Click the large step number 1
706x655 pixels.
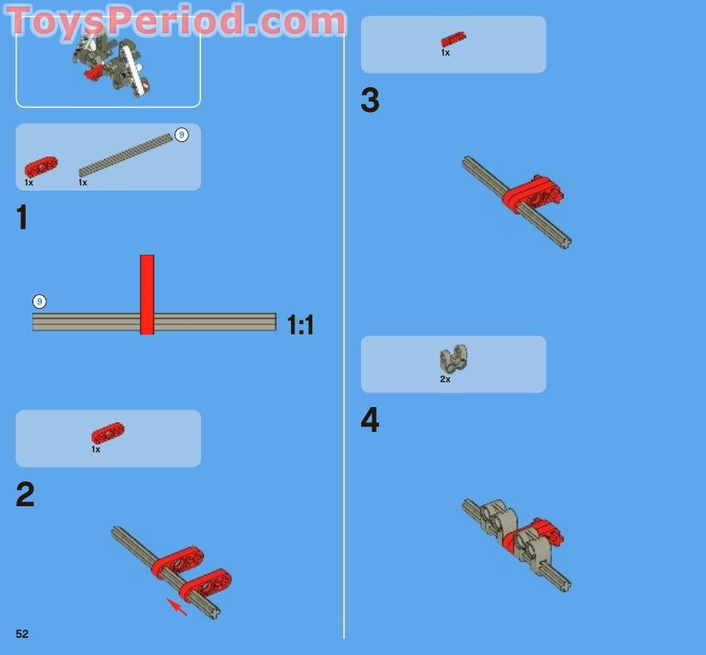click(x=21, y=217)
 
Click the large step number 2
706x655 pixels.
click(x=25, y=494)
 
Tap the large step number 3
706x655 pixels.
click(x=370, y=100)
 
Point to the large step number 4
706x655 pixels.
click(x=370, y=420)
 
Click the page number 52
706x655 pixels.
click(x=22, y=634)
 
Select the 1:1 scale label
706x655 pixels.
click(x=300, y=325)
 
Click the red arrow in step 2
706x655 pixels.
click(x=177, y=607)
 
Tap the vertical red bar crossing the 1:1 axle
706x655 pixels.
click(x=147, y=295)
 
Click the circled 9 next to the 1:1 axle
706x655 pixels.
click(x=39, y=301)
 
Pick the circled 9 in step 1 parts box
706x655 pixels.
click(x=181, y=134)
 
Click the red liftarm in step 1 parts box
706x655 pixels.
click(x=41, y=167)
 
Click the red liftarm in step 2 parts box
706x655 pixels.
click(x=108, y=434)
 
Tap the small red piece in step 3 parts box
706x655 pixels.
click(x=454, y=39)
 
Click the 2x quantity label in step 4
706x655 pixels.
click(x=445, y=380)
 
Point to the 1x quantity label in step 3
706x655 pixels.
click(x=445, y=53)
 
